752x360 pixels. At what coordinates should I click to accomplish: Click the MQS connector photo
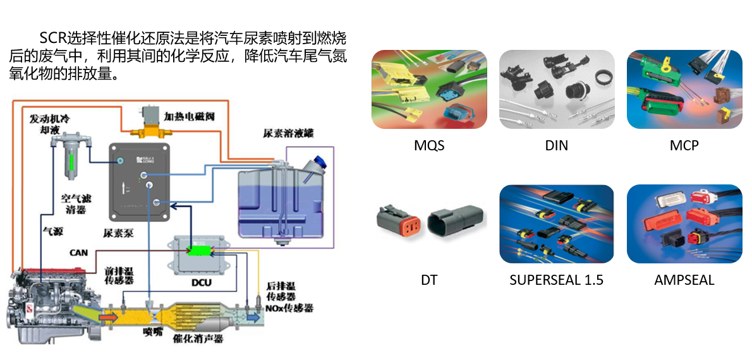tap(429, 89)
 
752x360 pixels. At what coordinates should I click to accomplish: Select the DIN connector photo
tap(556, 89)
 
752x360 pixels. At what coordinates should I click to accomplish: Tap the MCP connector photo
tap(684, 89)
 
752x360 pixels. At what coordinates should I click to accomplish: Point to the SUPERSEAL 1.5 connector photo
tap(556, 224)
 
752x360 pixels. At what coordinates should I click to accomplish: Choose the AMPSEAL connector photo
tap(684, 224)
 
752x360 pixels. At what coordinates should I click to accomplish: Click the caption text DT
tap(429, 280)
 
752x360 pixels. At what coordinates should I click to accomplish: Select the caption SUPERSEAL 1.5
tap(556, 280)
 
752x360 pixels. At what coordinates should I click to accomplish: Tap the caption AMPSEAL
tap(684, 280)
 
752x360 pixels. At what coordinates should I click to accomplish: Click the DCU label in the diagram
tap(200, 282)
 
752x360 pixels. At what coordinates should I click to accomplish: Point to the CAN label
tap(80, 253)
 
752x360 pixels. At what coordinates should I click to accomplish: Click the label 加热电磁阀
tap(190, 117)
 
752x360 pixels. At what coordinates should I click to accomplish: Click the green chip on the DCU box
tap(200, 251)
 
